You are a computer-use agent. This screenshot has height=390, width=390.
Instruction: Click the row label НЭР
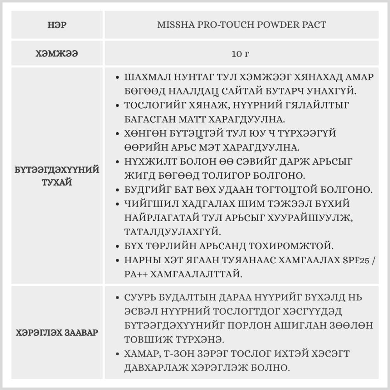(x=57, y=25)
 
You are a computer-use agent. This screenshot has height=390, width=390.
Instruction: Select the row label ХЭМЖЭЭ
(x=57, y=53)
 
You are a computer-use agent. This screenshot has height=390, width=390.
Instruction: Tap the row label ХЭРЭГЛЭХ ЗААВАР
(x=57, y=333)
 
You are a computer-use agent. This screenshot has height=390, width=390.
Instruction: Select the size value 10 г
(x=240, y=53)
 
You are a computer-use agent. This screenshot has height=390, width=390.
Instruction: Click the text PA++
(x=134, y=275)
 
